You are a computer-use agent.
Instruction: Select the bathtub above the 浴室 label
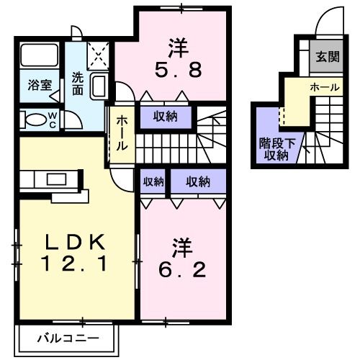coord(40,56)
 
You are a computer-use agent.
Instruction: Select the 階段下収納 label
coord(274,148)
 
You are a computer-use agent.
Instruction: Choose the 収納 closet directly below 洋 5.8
coord(165,115)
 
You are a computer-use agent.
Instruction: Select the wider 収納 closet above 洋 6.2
coord(198,182)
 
